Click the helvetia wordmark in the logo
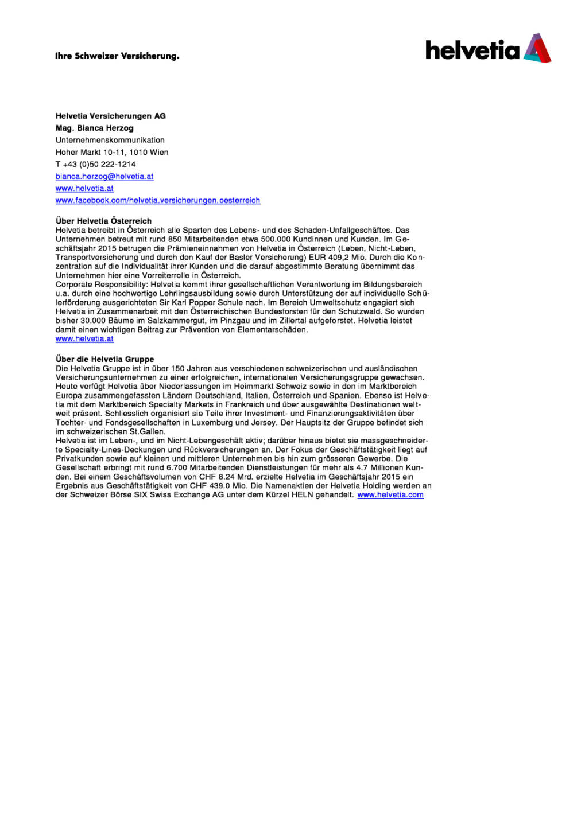coord(472,50)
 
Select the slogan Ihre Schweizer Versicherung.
coord(117,56)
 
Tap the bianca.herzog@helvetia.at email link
coord(104,176)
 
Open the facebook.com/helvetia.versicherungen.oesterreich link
coord(158,200)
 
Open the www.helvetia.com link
coord(390,494)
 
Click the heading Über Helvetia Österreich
coord(103,221)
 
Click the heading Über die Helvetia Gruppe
coord(104,359)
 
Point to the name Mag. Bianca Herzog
coord(95,128)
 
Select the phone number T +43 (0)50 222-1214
coord(95,164)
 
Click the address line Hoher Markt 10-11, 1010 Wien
coord(112,152)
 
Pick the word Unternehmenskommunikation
coord(110,140)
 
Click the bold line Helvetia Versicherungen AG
coord(111,116)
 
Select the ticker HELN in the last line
coord(302,494)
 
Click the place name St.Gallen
coord(147,431)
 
